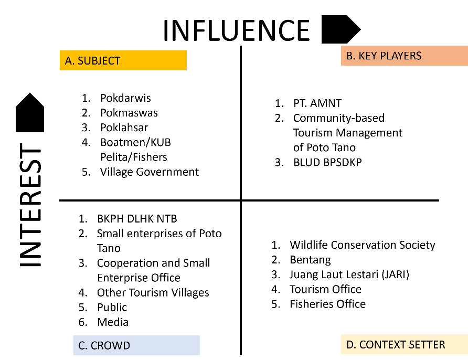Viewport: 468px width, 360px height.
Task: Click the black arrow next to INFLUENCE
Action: [x=341, y=29]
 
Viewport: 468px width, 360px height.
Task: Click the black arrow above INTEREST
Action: [x=30, y=112]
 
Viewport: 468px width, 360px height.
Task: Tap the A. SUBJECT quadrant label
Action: [x=123, y=60]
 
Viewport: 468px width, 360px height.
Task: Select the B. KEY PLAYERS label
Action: [x=405, y=56]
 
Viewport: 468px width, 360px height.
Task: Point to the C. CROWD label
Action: [x=136, y=345]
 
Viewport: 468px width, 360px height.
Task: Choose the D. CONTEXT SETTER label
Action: [x=405, y=344]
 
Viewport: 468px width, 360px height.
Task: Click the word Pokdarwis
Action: [x=125, y=98]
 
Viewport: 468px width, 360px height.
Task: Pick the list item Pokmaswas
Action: [x=129, y=113]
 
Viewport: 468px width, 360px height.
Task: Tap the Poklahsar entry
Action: [x=124, y=128]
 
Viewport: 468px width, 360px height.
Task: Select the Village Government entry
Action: [x=149, y=172]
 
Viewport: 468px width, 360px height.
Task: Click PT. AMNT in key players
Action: [x=317, y=103]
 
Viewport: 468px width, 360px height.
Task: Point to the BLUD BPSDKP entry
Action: [x=327, y=162]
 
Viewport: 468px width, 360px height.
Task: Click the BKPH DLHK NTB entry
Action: [x=137, y=219]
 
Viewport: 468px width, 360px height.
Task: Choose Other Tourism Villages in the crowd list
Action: [x=153, y=293]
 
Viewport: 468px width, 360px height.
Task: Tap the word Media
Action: [x=113, y=322]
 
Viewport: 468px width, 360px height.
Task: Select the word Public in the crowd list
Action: [x=112, y=308]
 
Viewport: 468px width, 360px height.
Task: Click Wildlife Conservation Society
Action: [x=363, y=245]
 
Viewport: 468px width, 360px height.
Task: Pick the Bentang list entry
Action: [x=310, y=260]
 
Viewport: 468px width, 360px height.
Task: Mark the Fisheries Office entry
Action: [x=328, y=304]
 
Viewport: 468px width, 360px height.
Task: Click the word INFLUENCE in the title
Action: [x=237, y=30]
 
